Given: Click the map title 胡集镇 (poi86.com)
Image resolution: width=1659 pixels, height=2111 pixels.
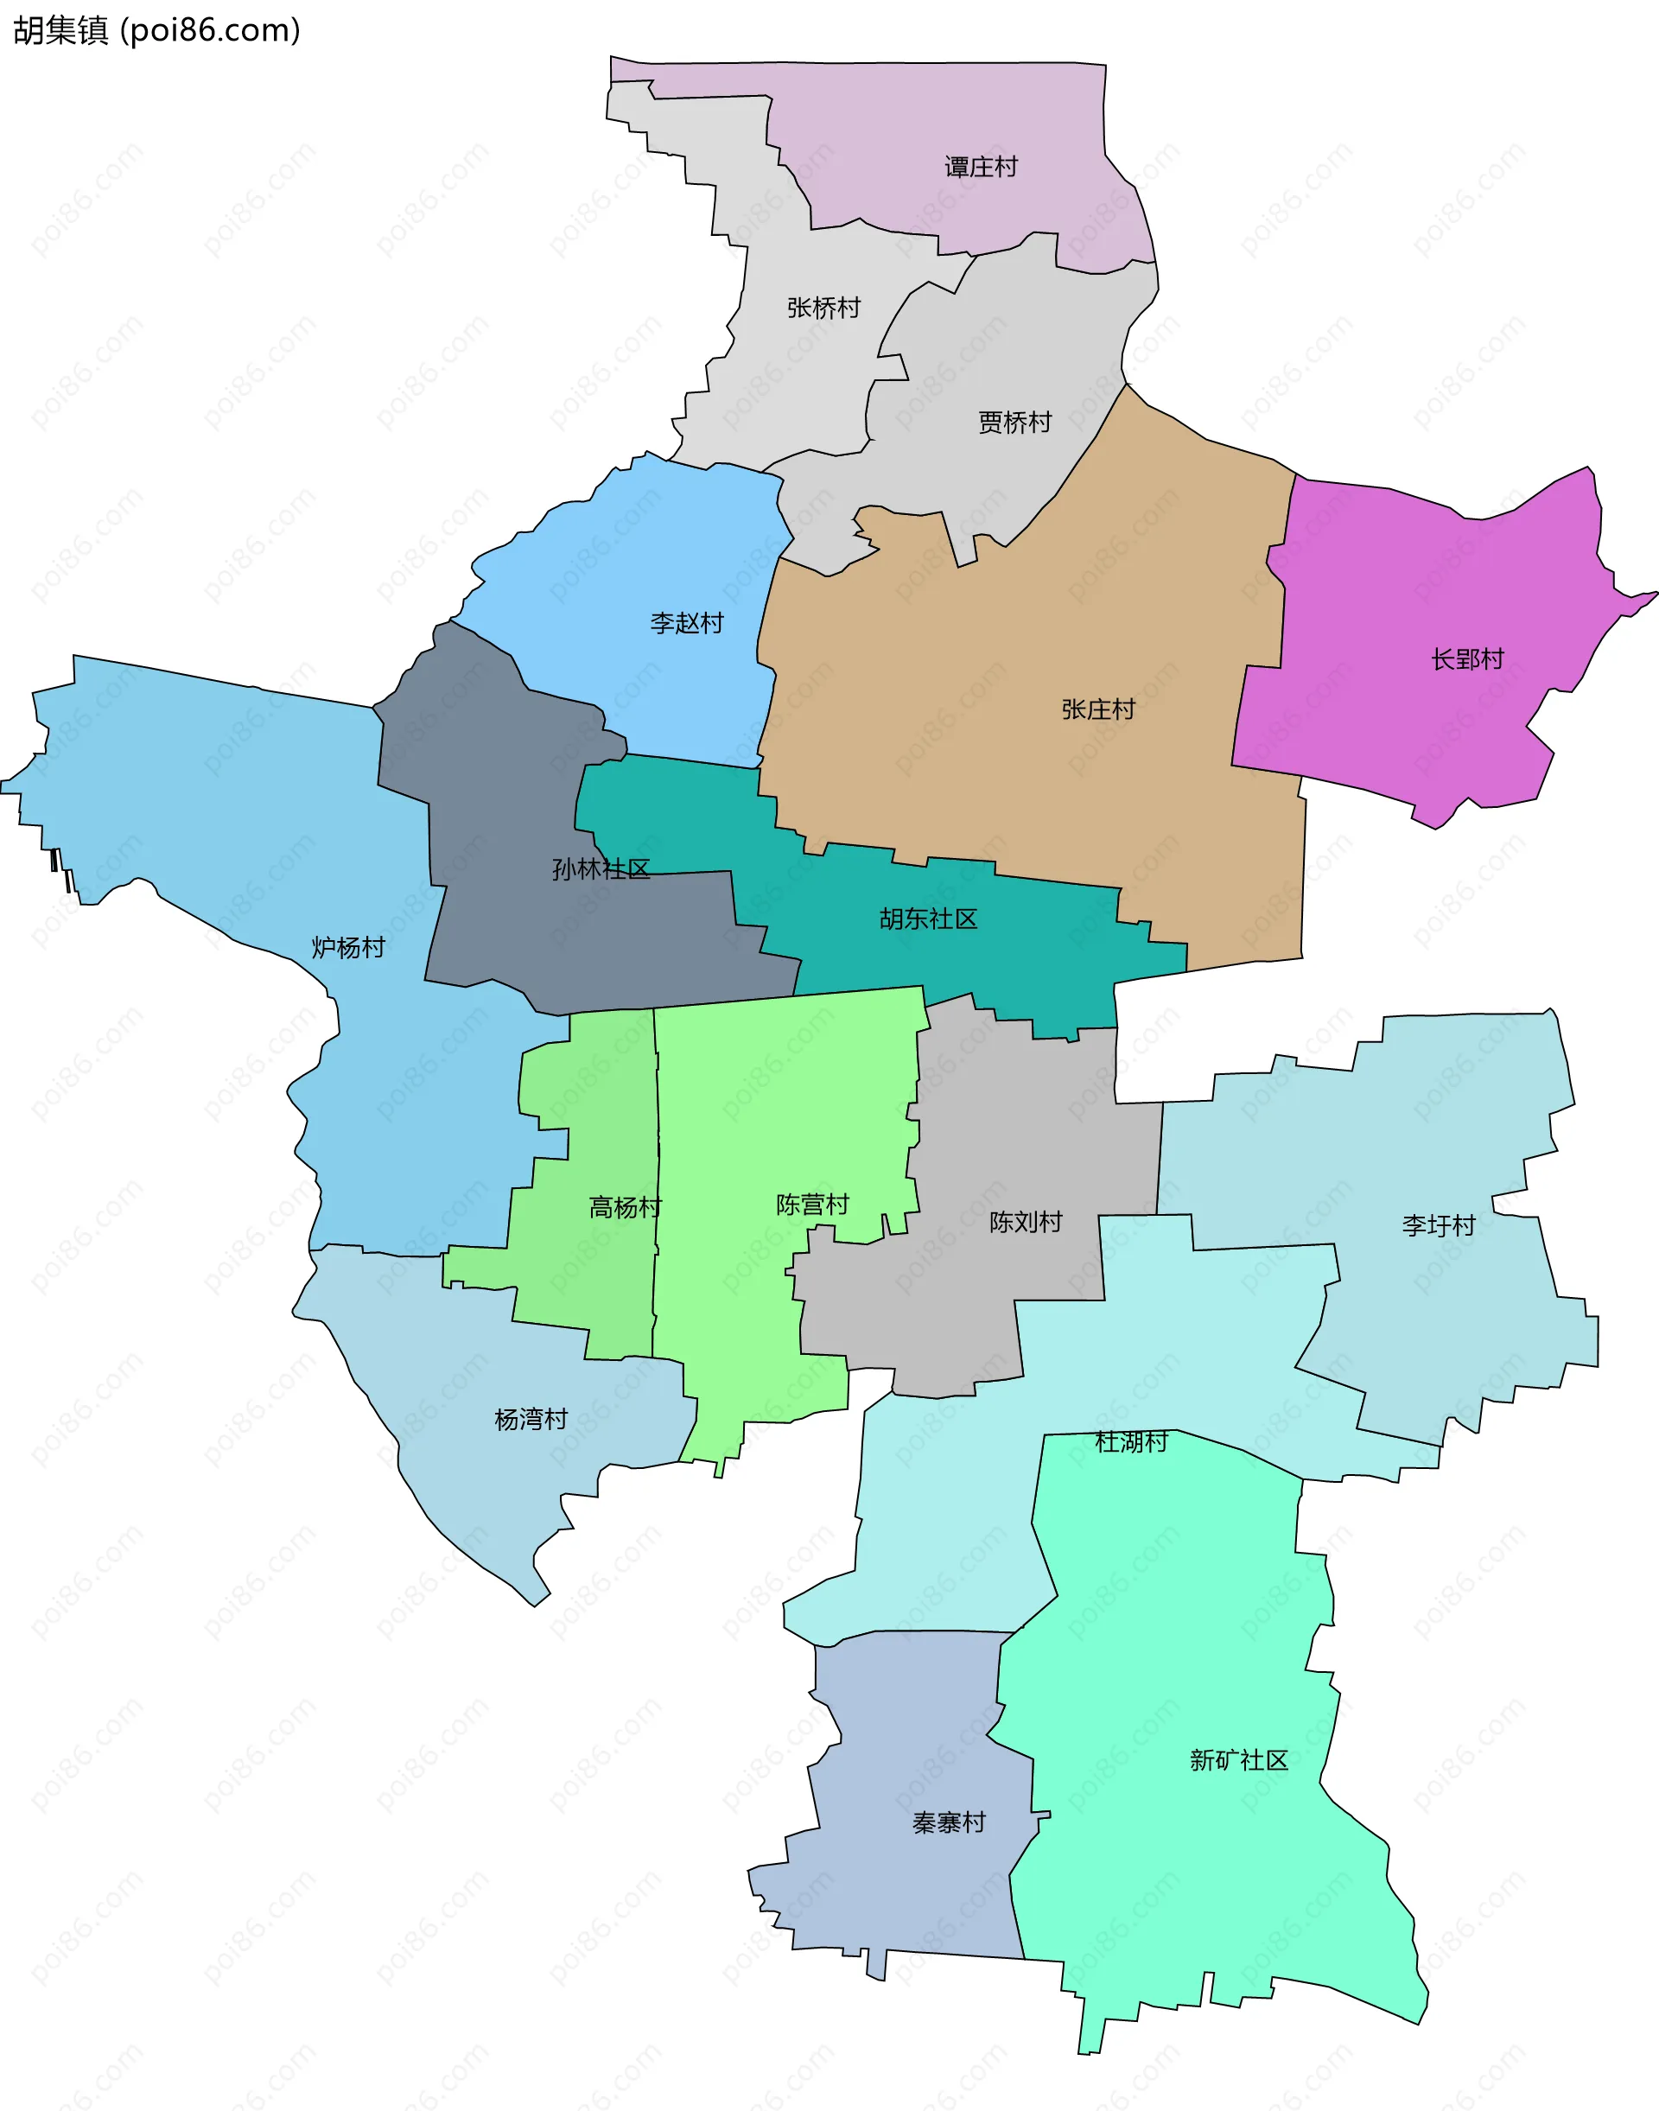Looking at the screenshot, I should point(156,30).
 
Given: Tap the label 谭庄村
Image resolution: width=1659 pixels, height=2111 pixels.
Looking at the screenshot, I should point(981,167).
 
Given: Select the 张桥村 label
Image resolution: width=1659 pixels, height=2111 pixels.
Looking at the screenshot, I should point(823,308).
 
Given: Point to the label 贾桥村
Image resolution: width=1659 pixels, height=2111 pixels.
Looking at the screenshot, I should point(1014,423).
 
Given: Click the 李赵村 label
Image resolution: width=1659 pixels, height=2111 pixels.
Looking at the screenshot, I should point(687,623).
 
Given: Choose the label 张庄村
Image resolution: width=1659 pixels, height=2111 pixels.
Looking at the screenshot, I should point(1097,709).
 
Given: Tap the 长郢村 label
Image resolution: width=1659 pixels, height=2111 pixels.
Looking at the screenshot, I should point(1466,659).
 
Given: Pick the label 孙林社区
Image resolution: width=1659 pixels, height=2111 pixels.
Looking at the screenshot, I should point(601,869).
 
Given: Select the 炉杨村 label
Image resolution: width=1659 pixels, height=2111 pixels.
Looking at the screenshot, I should point(347,947).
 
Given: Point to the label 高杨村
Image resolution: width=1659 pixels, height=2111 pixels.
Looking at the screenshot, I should point(625,1207).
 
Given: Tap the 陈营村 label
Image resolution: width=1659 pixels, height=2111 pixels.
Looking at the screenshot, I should point(812,1205).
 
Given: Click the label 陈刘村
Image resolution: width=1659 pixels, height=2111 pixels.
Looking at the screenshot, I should point(1025,1222).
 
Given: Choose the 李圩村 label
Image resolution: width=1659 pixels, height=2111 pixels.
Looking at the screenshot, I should point(1439,1226).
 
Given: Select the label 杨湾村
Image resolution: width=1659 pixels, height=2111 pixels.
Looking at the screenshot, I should point(531,1420).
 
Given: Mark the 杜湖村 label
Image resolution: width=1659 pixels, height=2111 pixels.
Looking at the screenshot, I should point(1130,1441).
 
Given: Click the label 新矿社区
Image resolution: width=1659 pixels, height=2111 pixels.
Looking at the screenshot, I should point(1238,1760).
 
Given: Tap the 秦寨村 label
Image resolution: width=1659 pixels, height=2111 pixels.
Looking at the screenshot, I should point(948,1822).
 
